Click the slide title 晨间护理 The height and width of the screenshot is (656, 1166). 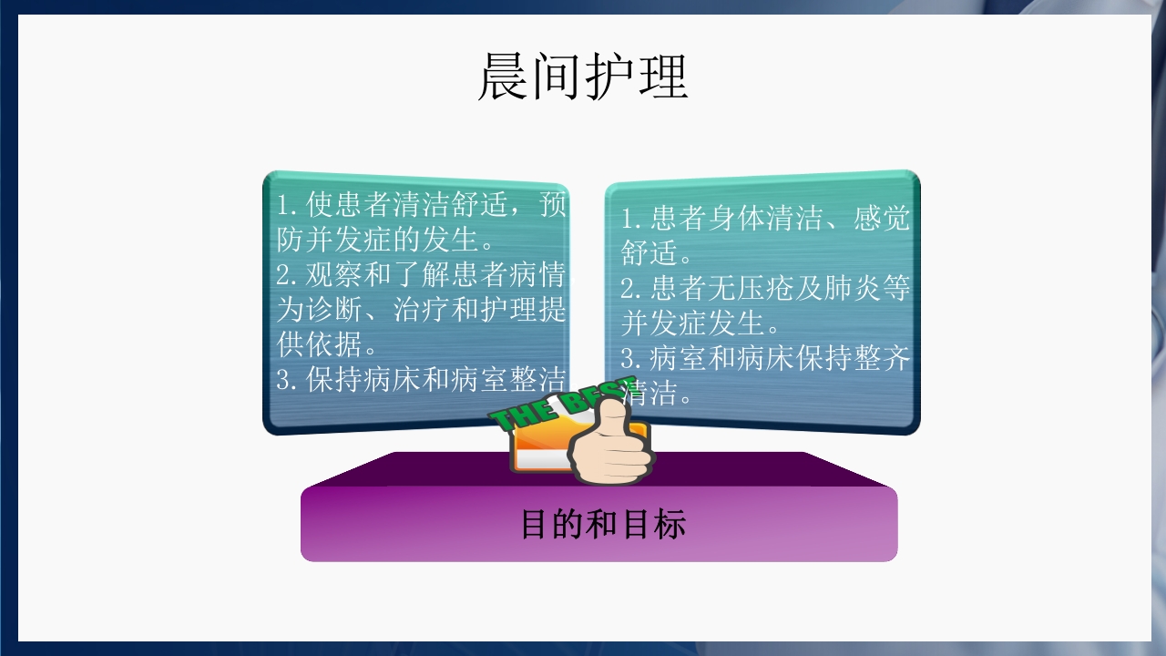coord(583,77)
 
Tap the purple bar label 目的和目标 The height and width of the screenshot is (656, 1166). coord(602,525)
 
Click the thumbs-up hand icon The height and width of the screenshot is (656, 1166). coord(609,446)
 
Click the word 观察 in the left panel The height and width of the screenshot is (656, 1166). coord(334,275)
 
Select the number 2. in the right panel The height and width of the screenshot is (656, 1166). coord(634,289)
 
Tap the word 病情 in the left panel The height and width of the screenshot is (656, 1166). coord(539,275)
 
